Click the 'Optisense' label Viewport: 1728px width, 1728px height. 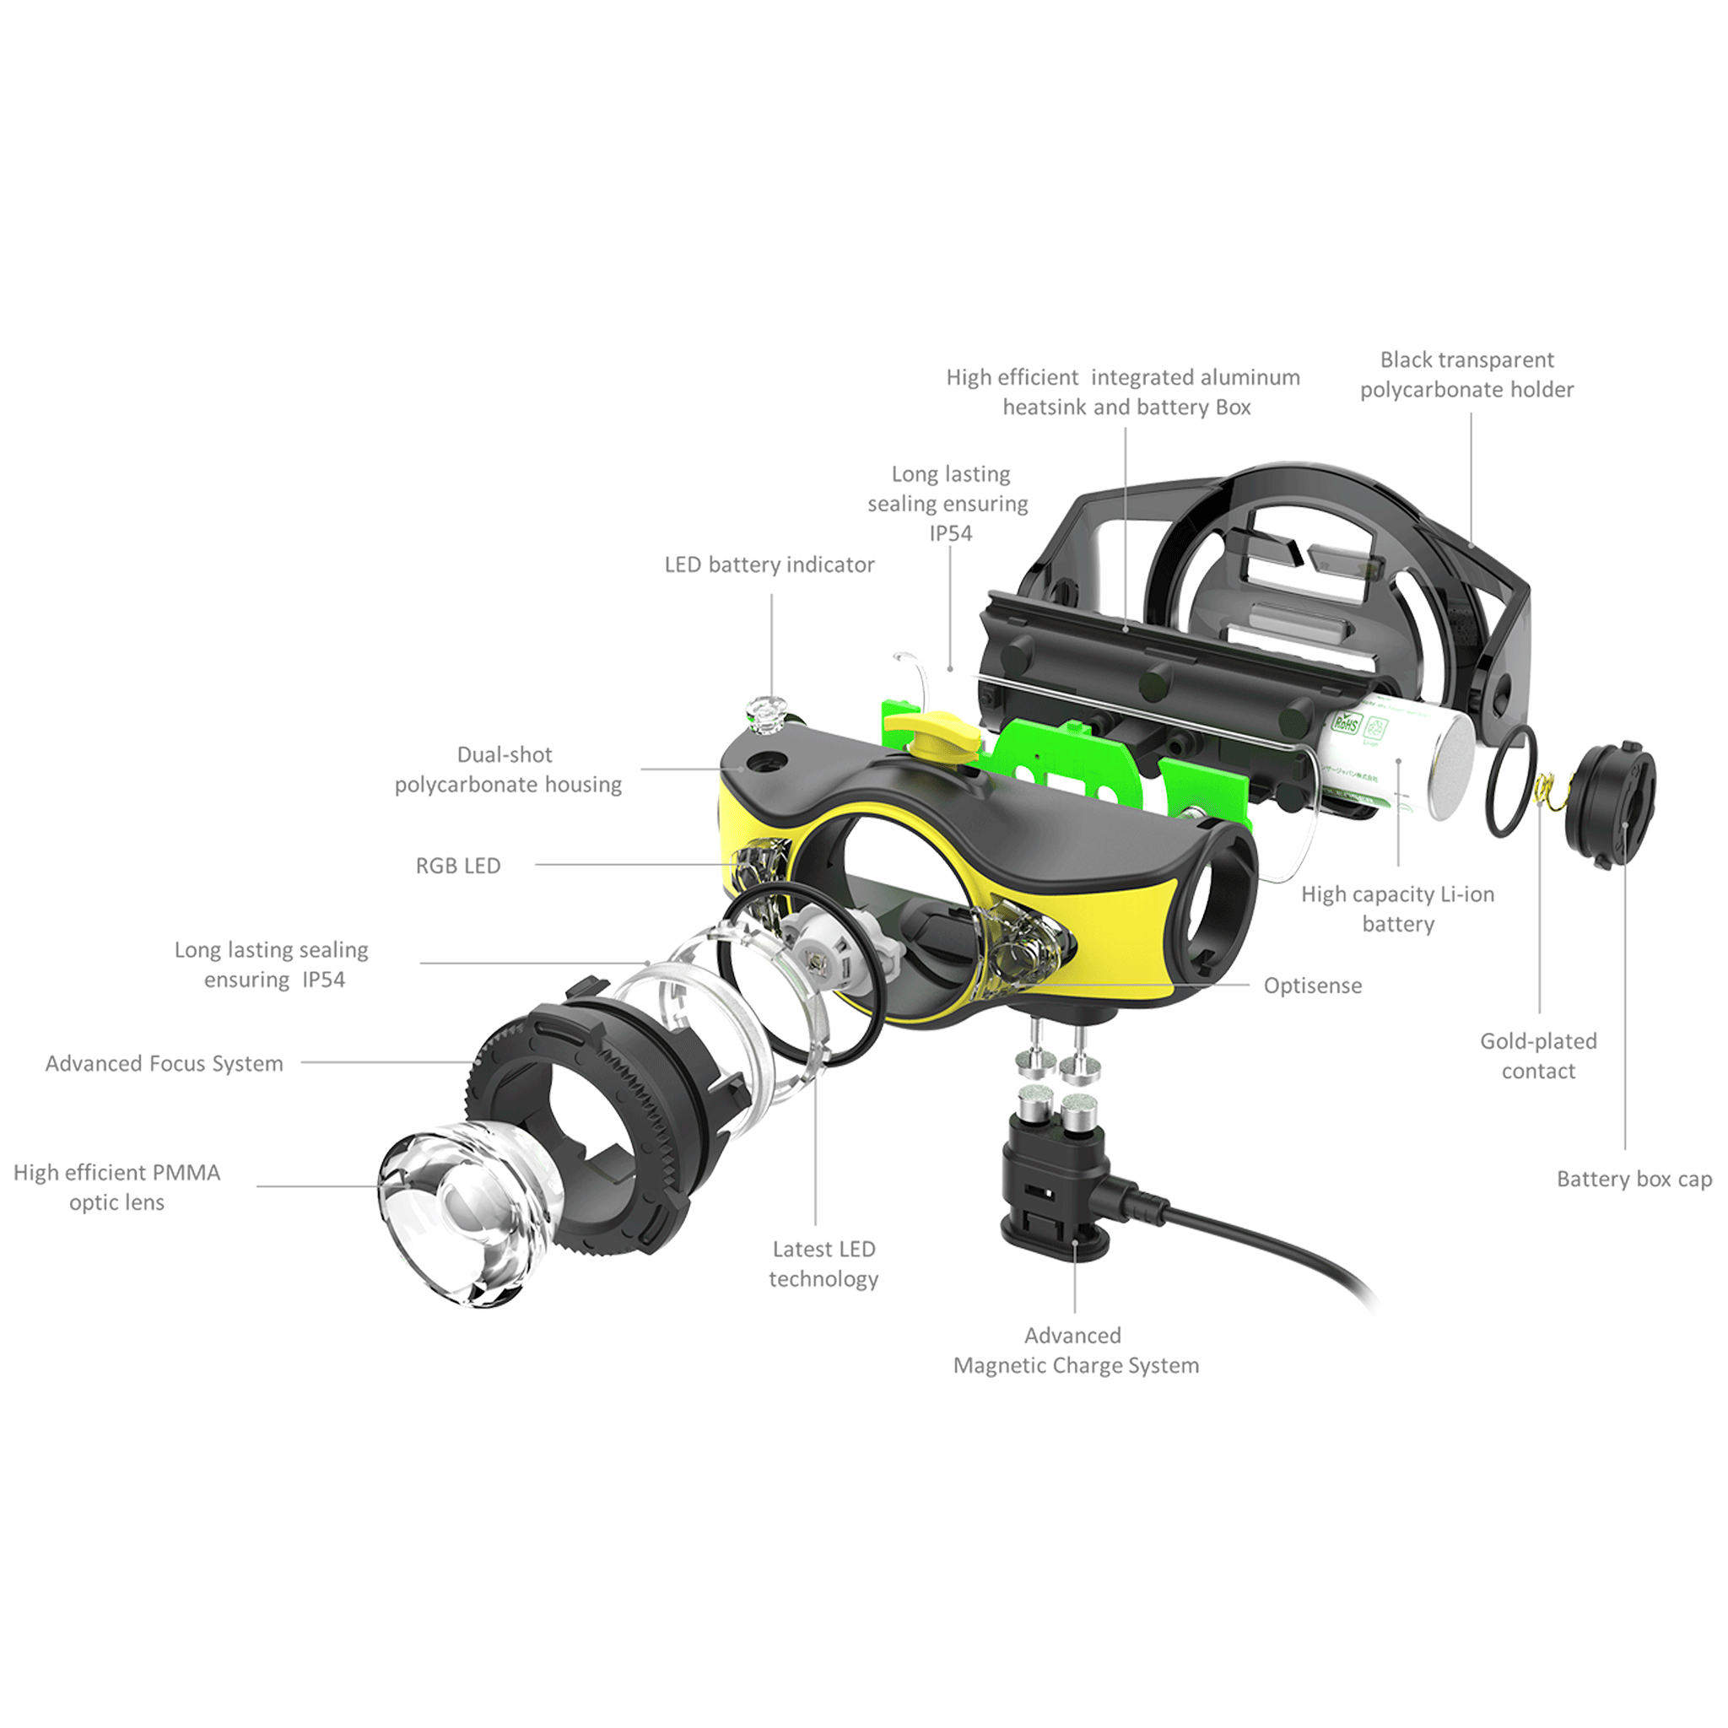(1312, 985)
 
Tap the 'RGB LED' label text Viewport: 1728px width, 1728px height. (458, 866)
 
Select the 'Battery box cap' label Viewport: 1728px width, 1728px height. (1634, 1179)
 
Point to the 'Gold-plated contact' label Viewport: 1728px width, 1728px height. (1538, 1056)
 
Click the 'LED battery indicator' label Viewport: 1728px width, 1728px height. (769, 564)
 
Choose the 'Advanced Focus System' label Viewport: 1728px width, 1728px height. (165, 1063)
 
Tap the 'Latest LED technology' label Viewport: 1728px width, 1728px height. (823, 1264)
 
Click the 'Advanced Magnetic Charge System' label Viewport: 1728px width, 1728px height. (1076, 1351)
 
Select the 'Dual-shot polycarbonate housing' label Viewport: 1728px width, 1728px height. (508, 769)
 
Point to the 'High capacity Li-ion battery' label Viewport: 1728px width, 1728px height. (1398, 909)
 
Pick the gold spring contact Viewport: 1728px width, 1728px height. (1546, 791)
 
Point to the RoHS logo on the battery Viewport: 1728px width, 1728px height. (1346, 723)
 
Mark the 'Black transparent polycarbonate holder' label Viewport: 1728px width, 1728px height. (1466, 375)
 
